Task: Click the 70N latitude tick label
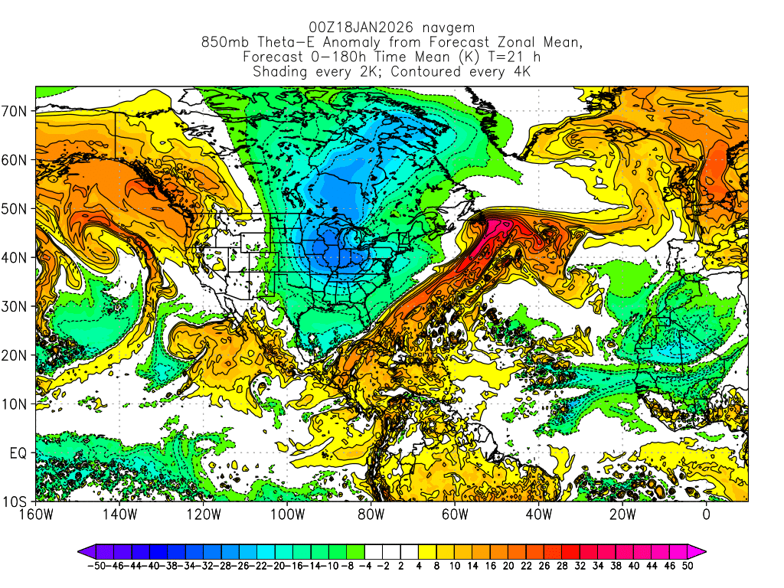pyautogui.click(x=18, y=111)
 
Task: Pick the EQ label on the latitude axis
pyautogui.click(x=21, y=453)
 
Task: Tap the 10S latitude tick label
pyautogui.click(x=19, y=502)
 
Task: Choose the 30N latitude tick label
pyautogui.click(x=18, y=306)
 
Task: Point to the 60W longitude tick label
pyautogui.click(x=455, y=514)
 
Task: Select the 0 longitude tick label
pyautogui.click(x=707, y=514)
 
